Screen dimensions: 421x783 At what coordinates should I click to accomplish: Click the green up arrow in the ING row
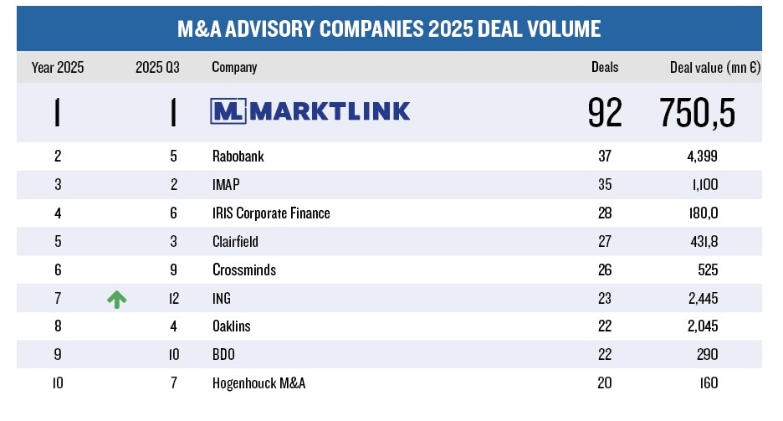[117, 299]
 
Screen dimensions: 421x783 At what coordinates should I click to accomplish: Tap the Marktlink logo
[311, 111]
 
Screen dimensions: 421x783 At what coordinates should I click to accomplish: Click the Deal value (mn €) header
[714, 68]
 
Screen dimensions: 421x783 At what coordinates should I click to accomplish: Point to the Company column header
[234, 68]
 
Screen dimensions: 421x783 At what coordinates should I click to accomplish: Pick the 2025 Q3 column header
[157, 68]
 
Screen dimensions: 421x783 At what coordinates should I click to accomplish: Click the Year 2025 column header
[58, 68]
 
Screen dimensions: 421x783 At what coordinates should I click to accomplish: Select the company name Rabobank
[240, 157]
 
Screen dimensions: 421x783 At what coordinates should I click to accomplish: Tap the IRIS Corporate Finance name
[271, 213]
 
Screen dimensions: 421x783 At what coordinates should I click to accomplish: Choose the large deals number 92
[605, 112]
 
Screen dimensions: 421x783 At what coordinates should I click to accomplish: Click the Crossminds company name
[244, 270]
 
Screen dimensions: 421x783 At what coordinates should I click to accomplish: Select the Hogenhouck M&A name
[259, 384]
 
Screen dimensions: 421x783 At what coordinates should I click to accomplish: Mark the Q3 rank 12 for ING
[172, 299]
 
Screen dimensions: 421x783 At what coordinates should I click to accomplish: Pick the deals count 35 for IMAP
[605, 185]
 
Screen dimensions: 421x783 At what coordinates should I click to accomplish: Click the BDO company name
[224, 356]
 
